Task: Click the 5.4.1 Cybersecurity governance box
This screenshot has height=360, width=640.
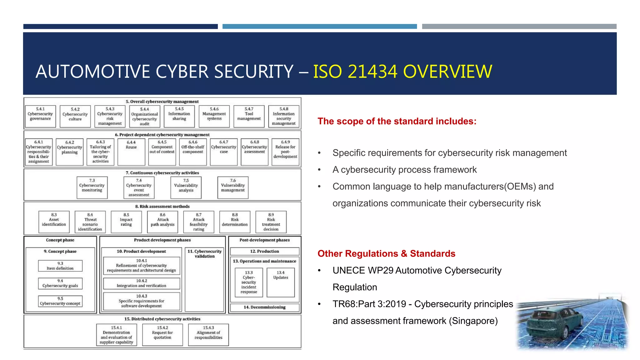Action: click(x=40, y=116)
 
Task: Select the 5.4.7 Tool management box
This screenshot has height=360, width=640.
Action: click(x=249, y=116)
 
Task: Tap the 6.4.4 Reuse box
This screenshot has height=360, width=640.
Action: click(x=131, y=152)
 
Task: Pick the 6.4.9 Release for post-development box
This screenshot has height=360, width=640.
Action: click(x=285, y=152)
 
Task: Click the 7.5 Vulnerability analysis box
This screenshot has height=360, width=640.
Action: click(x=186, y=187)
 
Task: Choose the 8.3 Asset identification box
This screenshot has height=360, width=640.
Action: click(x=54, y=222)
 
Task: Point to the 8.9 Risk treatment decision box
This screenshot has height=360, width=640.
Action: click(x=271, y=222)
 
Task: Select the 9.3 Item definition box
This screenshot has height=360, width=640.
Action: click(x=60, y=266)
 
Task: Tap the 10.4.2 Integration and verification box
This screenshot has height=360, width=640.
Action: click(x=142, y=283)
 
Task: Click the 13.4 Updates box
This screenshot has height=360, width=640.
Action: click(x=281, y=282)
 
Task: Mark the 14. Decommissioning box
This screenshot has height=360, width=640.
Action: click(x=265, y=307)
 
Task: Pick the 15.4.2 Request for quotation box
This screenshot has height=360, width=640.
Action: click(x=162, y=335)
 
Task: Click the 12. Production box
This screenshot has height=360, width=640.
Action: click(x=265, y=251)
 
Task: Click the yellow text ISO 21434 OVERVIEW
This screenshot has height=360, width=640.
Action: click(x=402, y=72)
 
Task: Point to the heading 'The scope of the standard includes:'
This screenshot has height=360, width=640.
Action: click(x=397, y=121)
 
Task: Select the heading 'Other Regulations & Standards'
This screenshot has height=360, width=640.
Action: click(x=386, y=253)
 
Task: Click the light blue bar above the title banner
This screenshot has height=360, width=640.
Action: click(x=319, y=27)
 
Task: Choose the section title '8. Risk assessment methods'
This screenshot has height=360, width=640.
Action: click(x=162, y=207)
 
